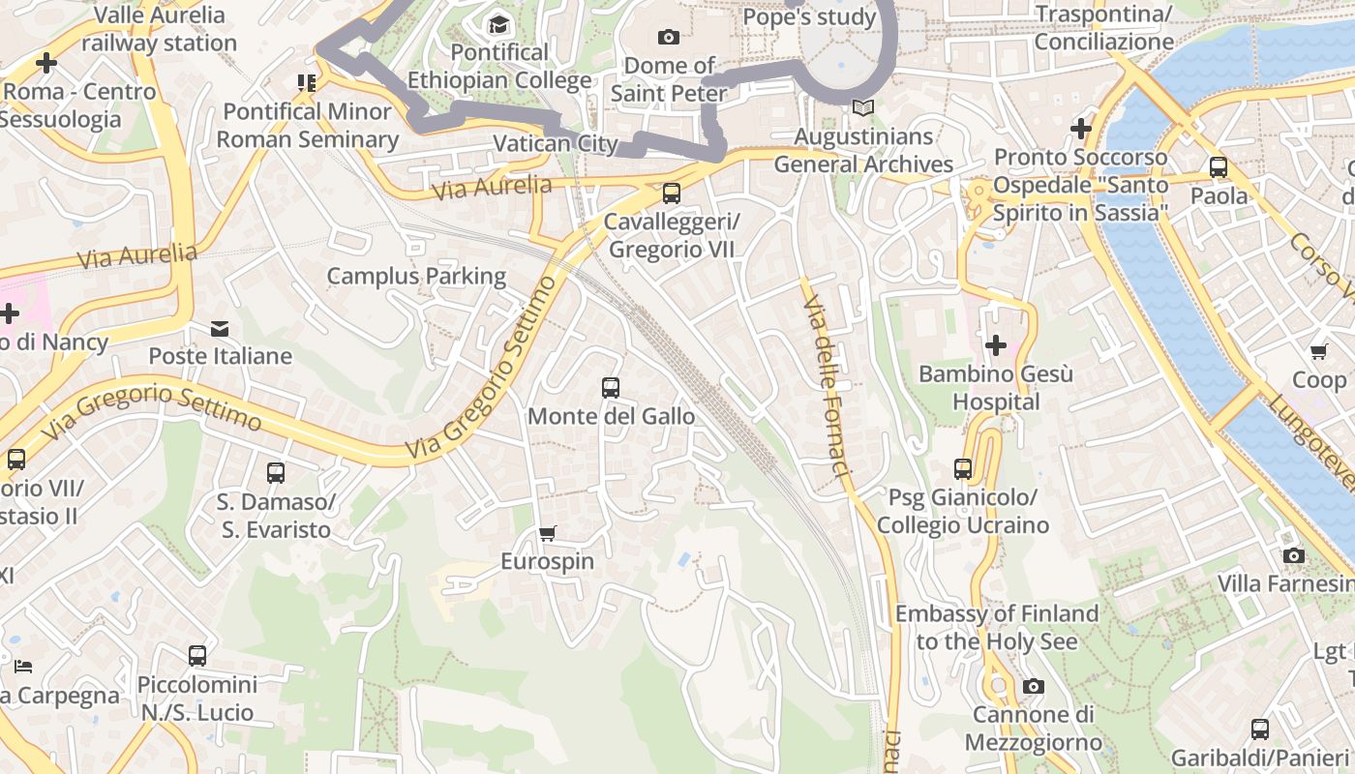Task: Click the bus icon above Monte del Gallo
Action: [x=611, y=388]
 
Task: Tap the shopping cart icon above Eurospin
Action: [x=548, y=533]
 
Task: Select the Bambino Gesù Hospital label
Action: [x=995, y=388]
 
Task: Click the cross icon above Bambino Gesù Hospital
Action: [x=995, y=345]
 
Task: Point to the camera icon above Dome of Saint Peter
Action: [x=668, y=38]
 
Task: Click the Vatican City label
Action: [x=556, y=144]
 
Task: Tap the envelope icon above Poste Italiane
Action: [x=220, y=329]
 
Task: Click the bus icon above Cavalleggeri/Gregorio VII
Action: [x=672, y=193]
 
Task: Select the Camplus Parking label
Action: [x=416, y=277]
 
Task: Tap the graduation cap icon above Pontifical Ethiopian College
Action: [x=498, y=24]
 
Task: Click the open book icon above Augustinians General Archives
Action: [x=863, y=108]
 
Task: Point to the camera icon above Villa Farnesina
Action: [x=1293, y=555]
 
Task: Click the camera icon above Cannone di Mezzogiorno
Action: [x=1034, y=687]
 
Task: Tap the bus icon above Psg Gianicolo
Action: [x=963, y=469]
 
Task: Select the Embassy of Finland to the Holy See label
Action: [x=997, y=627]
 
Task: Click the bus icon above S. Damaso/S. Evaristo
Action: [x=276, y=473]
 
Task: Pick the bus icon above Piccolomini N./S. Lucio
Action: [x=197, y=656]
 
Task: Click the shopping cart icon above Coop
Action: [x=1318, y=351]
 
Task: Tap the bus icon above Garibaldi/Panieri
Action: [x=1260, y=729]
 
